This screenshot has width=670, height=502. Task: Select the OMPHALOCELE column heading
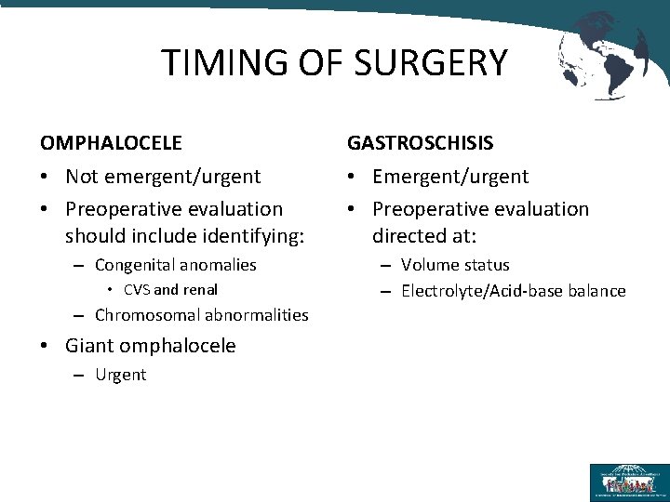[x=111, y=143]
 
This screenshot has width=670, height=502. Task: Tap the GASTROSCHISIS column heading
[x=421, y=143]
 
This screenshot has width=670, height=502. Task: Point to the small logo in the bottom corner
[x=628, y=482]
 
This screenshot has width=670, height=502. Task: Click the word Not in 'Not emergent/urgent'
[x=81, y=177]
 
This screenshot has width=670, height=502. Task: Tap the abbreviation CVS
[x=136, y=290]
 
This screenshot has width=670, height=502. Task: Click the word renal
[x=199, y=290]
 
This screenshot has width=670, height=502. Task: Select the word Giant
[x=88, y=346]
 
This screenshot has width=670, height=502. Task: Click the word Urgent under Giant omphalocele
[x=120, y=375]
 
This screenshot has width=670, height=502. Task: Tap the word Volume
[x=430, y=265]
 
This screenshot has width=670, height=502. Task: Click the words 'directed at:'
[x=424, y=235]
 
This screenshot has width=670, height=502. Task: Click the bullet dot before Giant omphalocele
[x=46, y=347]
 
